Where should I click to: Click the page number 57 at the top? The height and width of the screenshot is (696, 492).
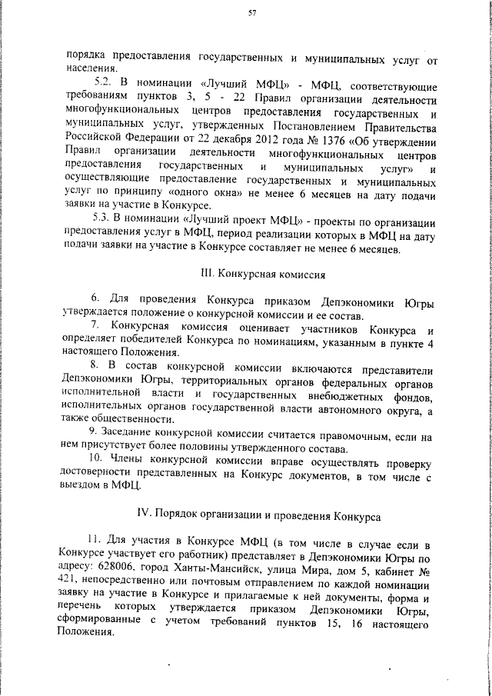click(x=251, y=14)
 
